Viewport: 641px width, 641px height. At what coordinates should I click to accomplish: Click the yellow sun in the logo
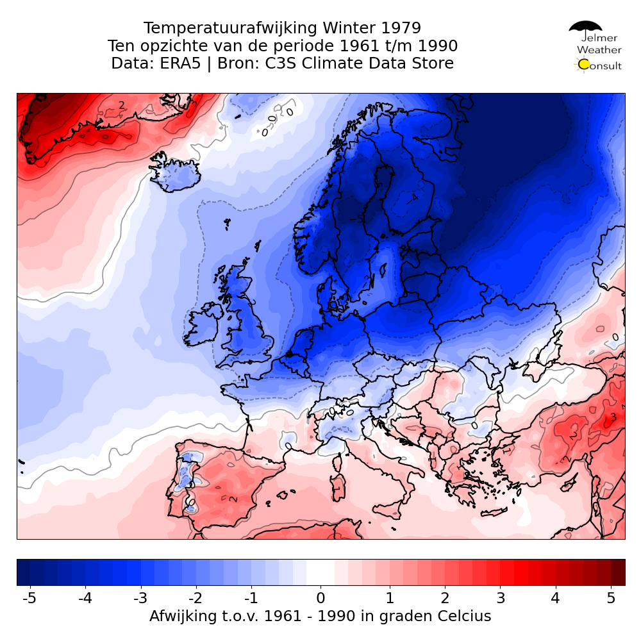(583, 64)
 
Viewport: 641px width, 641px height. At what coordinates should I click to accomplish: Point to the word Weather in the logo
(599, 49)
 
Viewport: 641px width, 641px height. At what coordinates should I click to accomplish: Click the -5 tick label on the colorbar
(29, 599)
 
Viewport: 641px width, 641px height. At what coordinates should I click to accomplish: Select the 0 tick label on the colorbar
(320, 599)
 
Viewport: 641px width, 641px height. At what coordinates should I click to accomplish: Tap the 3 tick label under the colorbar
(500, 599)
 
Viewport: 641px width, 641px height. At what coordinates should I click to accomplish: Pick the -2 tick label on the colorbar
(196, 599)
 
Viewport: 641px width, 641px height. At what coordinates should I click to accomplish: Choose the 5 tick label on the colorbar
(611, 599)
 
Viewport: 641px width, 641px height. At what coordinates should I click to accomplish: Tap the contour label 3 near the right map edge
(613, 417)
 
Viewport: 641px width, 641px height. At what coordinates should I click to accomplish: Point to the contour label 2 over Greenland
(121, 105)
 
